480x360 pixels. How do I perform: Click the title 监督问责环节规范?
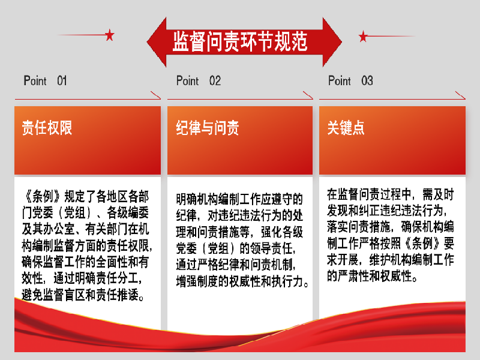click(239, 41)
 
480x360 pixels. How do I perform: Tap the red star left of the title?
click(110, 35)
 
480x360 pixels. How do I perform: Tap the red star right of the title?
click(363, 36)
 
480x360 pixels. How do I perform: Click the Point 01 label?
click(46, 81)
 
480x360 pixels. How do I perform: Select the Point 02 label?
click(199, 81)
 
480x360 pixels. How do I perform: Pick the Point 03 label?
click(350, 81)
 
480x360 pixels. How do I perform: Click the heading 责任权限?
click(47, 128)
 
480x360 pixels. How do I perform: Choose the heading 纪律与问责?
click(207, 128)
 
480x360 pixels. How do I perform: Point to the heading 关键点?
click(346, 128)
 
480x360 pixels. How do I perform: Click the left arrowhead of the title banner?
click(157, 42)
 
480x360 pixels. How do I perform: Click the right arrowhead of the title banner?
click(332, 42)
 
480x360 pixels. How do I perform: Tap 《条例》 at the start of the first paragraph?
click(43, 197)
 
